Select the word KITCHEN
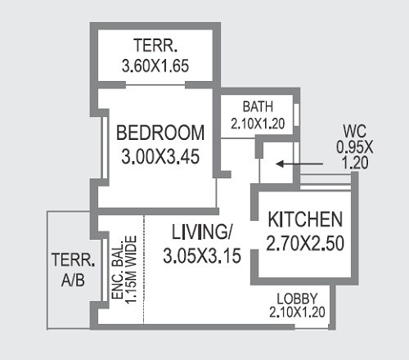coord(304,219)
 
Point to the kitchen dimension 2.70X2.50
coord(304,242)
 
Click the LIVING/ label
coord(201,232)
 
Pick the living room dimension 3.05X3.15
coord(201,255)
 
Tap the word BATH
coord(257,107)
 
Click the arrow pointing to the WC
coord(296,163)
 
